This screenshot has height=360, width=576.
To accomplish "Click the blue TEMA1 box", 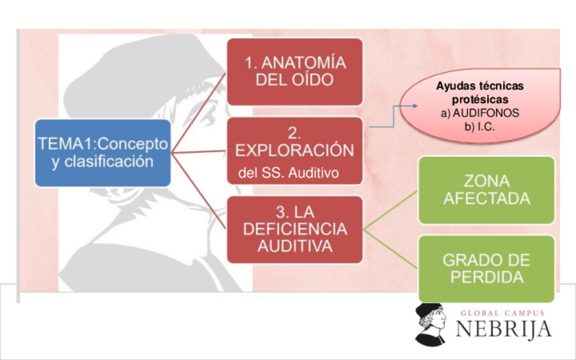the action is coord(103,153).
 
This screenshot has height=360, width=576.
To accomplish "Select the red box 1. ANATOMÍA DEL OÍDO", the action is coord(295,71).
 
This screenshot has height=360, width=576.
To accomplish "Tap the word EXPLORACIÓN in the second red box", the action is coord(295,150).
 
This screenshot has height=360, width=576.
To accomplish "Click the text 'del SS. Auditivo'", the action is coord(289,173).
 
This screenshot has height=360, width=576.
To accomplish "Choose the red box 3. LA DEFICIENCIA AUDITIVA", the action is coord(295,229).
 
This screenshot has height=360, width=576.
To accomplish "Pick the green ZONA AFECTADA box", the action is coord(486,190).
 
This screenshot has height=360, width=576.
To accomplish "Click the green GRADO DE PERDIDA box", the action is coord(486,268).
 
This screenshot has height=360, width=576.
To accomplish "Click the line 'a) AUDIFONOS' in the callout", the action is coord(480,113).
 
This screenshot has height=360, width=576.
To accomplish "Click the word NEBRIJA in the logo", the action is coord(503,329).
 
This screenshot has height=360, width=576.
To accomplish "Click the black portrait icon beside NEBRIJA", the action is coord(431,323).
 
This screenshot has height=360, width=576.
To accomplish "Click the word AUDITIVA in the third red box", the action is coord(295,246).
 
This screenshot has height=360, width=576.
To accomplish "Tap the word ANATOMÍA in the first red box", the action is coord(295,62).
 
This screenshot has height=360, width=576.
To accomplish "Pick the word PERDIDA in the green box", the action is coord(486,277).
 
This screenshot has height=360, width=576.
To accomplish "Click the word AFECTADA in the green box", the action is coord(486,199).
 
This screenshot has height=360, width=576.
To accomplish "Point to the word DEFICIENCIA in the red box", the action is coord(295,229).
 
